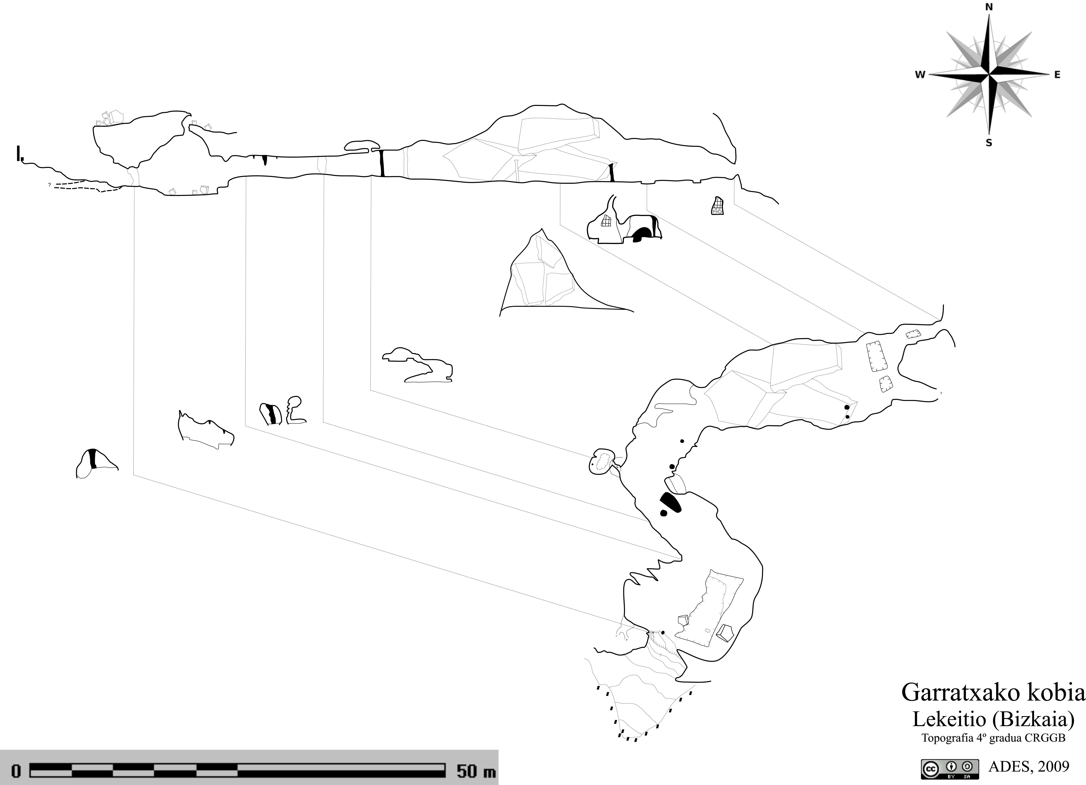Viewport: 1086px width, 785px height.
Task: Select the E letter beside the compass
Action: pyautogui.click(x=1057, y=75)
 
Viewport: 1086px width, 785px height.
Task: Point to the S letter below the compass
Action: pyautogui.click(x=989, y=143)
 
